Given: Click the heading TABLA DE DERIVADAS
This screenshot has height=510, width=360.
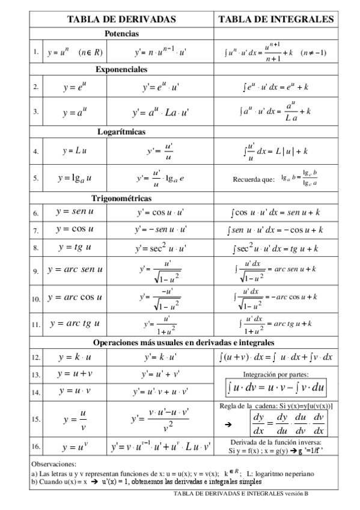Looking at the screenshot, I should pyautogui.click(x=121, y=19).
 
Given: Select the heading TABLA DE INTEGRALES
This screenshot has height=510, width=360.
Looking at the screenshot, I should pyautogui.click(x=276, y=19).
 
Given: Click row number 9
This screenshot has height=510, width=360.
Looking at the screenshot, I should pyautogui.click(x=35, y=272).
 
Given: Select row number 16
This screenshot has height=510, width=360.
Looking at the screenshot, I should pyautogui.click(x=35, y=447).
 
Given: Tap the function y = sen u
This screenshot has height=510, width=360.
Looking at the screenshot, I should pyautogui.click(x=75, y=212).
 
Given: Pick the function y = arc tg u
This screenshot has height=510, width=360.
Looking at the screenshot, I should pyautogui.click(x=75, y=324).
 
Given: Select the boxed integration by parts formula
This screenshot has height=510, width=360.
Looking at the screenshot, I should pyautogui.click(x=276, y=388).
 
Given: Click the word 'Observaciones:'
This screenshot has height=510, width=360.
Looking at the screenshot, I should pyautogui.click(x=53, y=464).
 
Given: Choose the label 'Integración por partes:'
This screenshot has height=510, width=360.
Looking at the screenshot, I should pyautogui.click(x=276, y=373).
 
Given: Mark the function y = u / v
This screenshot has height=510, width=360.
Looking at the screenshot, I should pyautogui.click(x=75, y=419).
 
